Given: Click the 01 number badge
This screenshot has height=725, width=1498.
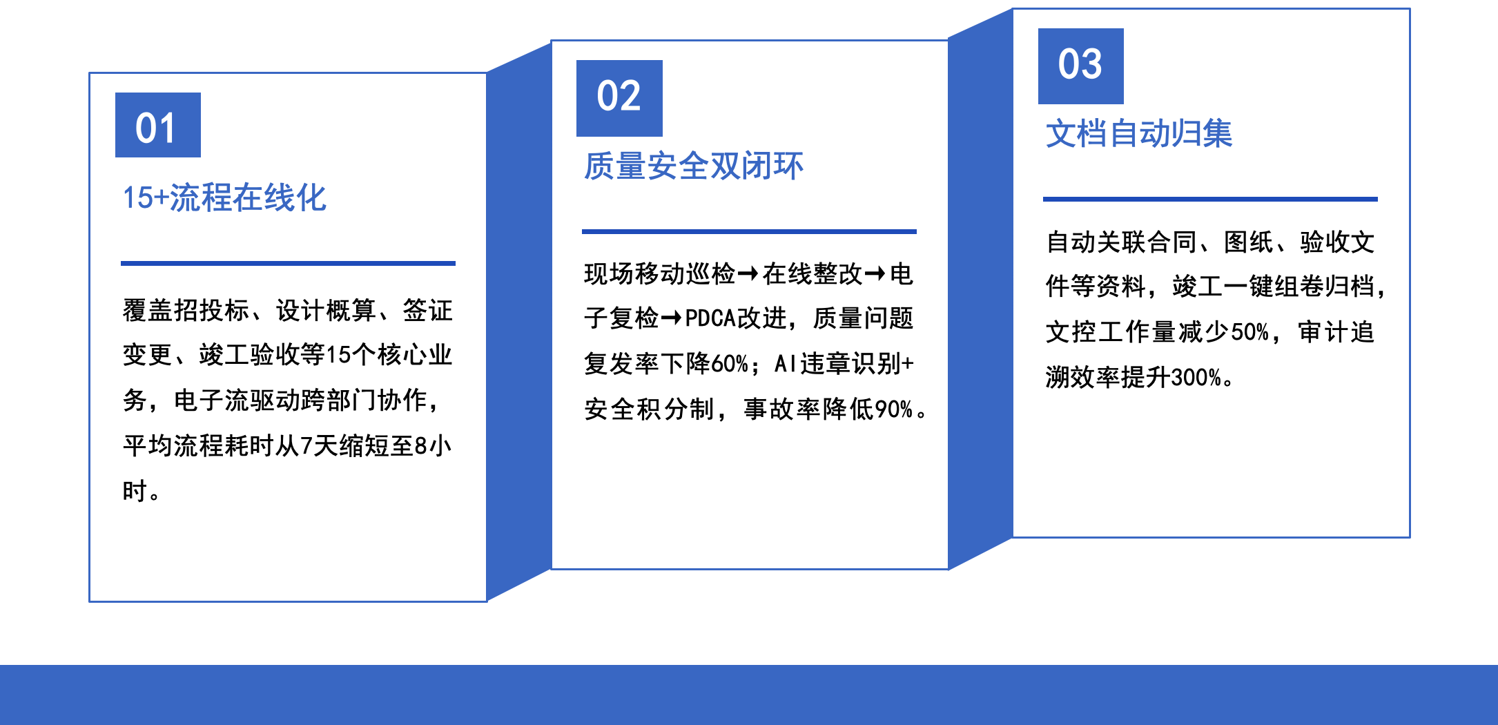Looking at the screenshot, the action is point(158,125).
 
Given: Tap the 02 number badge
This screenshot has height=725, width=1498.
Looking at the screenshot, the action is point(619,98).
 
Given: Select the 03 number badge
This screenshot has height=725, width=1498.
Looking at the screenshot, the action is point(1081,66).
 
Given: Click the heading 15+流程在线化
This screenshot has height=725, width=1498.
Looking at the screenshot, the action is point(224,198).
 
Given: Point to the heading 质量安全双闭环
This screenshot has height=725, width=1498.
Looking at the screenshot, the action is point(694,166).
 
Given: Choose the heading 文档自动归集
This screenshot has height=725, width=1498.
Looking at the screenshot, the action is point(1139,133).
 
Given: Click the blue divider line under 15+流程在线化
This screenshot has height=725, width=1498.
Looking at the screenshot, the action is point(288,263).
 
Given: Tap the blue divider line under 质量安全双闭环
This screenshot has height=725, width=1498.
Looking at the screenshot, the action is point(749,231).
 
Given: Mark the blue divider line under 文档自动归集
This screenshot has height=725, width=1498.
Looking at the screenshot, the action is point(1210,199).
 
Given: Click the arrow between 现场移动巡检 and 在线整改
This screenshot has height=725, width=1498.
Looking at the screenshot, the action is point(748,275).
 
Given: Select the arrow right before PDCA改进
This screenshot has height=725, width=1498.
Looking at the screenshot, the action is point(672,318).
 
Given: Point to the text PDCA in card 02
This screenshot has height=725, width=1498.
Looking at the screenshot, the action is point(710,318).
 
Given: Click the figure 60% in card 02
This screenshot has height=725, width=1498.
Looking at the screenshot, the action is point(730,364).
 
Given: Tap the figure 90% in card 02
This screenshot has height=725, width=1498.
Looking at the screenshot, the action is point(894,409).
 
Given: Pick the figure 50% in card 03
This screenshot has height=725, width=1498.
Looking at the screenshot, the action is point(1250,332).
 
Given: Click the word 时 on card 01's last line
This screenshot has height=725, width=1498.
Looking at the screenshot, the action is point(135,491).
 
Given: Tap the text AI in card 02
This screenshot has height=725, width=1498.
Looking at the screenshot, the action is point(786,364).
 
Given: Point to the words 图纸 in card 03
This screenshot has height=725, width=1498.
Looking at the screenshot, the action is point(1249,242).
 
